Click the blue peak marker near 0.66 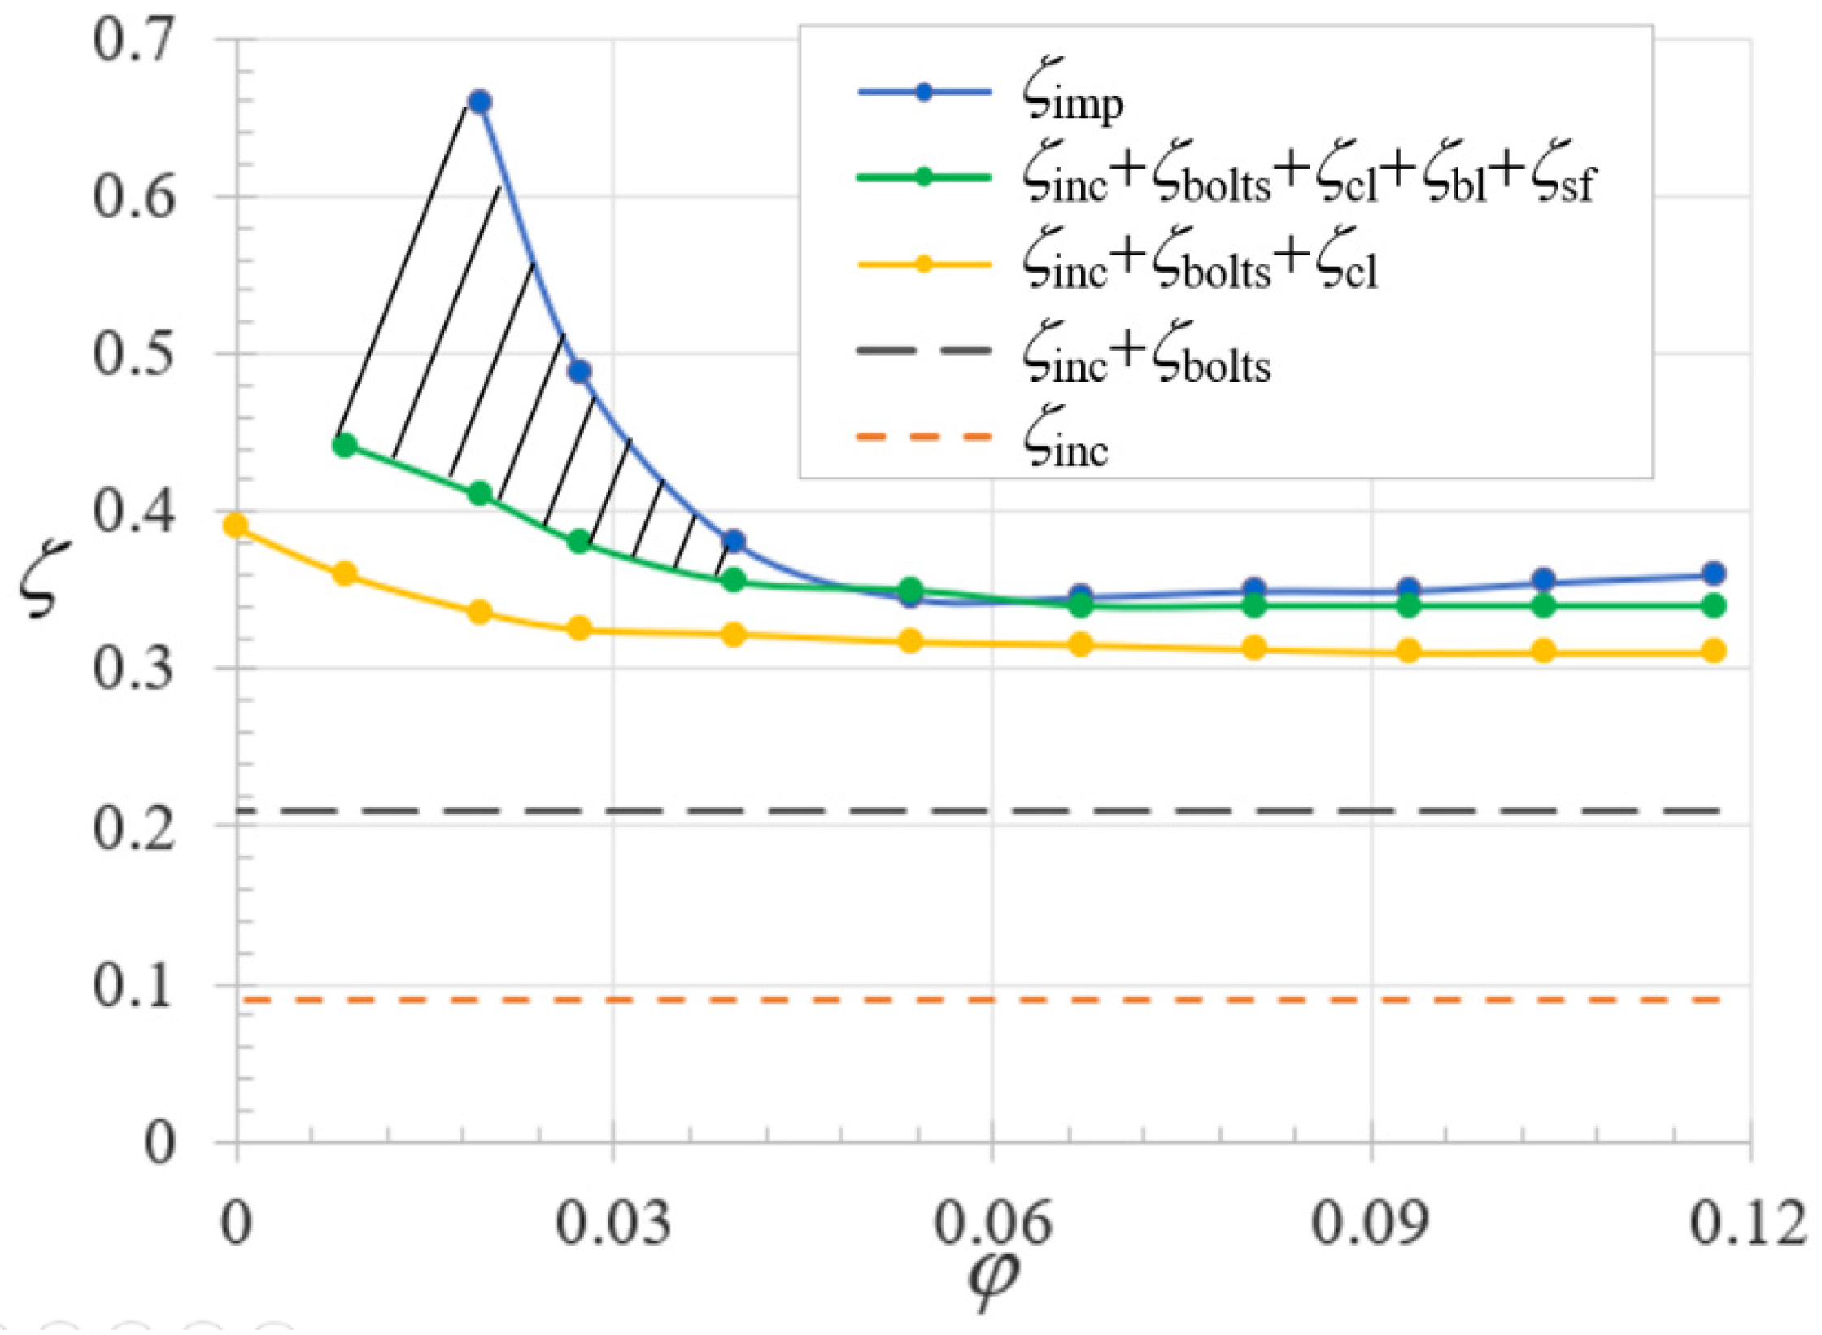coord(480,102)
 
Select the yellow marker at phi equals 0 coord(236,526)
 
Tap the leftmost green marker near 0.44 coord(345,445)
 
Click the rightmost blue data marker coord(1714,574)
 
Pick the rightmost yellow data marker coord(1714,651)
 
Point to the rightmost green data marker coord(1714,606)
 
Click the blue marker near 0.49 coord(579,372)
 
